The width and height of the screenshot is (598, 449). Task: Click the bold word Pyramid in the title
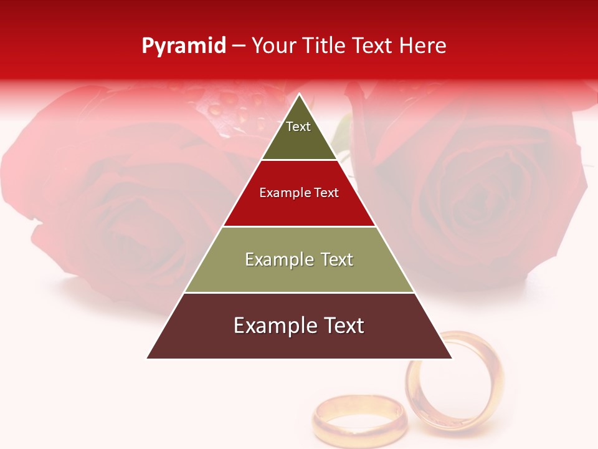click(183, 46)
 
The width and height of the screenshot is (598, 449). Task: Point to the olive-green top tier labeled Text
click(298, 134)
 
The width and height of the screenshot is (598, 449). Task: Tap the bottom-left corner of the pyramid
click(148, 358)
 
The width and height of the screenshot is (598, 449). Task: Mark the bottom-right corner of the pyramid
click(452, 358)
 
